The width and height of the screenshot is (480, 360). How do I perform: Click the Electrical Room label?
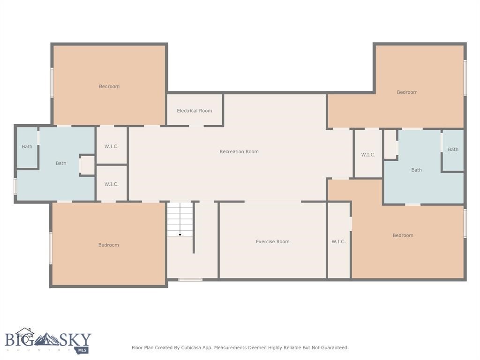[x=194, y=111]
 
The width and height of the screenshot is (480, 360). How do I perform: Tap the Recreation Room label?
[x=239, y=151]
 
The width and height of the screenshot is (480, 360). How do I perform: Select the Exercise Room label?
[x=272, y=241]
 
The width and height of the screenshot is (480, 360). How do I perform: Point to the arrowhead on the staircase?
[x=180, y=234]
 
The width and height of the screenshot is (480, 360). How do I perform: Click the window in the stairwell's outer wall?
[x=190, y=280]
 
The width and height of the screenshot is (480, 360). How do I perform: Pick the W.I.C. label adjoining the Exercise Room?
[x=338, y=241]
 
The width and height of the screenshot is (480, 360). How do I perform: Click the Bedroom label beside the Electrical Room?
[x=109, y=86]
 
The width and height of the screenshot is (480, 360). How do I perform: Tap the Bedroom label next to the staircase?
[x=108, y=245]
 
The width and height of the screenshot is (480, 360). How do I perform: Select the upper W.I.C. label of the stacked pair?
[x=111, y=146]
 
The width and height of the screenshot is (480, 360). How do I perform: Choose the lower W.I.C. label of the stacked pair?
[x=111, y=184]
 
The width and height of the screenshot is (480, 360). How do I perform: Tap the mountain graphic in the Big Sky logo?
[x=47, y=339]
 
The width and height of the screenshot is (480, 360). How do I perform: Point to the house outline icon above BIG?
[x=24, y=331]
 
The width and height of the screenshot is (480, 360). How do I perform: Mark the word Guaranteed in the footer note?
[x=332, y=348]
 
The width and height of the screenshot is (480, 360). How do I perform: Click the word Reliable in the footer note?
[x=285, y=348]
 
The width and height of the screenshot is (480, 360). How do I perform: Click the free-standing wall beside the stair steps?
[x=194, y=228]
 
